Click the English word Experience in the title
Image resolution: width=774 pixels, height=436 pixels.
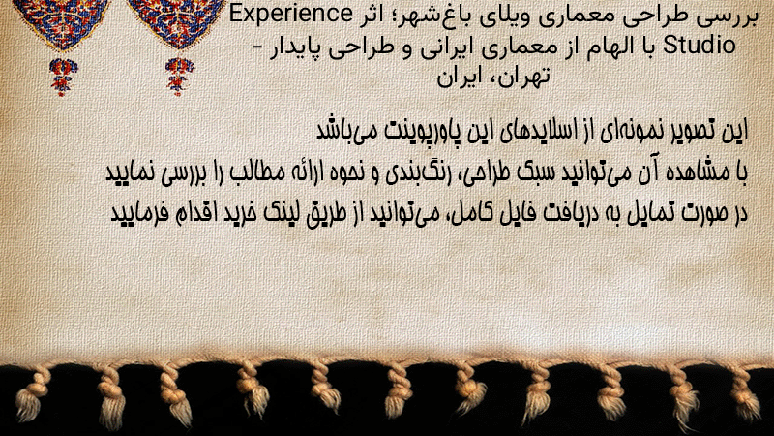click(291, 15)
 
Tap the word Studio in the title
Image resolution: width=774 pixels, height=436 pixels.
click(699, 45)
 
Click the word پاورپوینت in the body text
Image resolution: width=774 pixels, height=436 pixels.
click(423, 131)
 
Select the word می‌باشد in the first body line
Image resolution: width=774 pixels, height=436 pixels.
click(346, 131)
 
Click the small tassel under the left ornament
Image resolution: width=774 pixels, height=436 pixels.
click(63, 77)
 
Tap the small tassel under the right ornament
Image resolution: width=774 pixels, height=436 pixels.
click(179, 77)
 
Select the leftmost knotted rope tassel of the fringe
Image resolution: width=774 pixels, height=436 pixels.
click(34, 394)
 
